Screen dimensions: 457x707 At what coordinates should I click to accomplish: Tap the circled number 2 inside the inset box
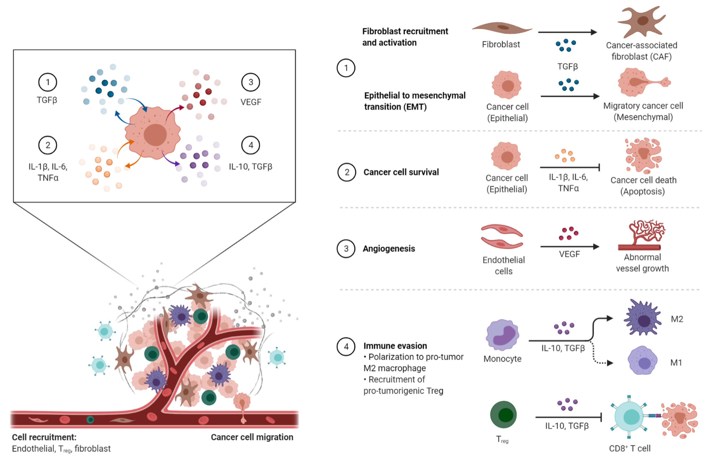click(x=48, y=145)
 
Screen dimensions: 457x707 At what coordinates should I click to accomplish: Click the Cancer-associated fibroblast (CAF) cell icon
click(x=642, y=21)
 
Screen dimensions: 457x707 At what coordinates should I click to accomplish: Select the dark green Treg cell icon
click(x=503, y=415)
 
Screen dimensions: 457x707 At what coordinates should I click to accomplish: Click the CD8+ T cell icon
click(x=629, y=416)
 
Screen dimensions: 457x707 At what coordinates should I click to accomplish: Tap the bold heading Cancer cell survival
click(x=401, y=172)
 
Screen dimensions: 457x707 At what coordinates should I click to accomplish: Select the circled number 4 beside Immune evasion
click(x=346, y=346)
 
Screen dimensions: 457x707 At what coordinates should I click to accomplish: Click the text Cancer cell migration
click(x=252, y=437)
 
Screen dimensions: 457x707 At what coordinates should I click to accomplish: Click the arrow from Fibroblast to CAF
click(x=567, y=32)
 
